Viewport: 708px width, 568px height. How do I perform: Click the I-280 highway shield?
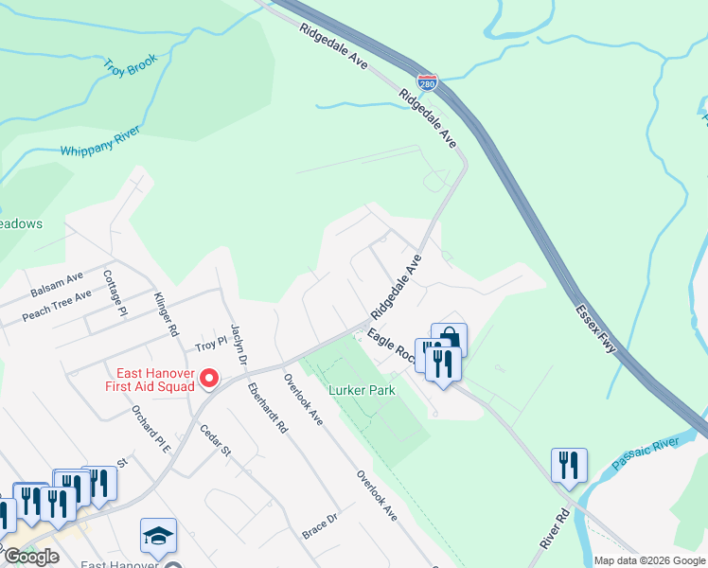(x=428, y=83)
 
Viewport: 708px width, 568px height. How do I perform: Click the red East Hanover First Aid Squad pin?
(x=209, y=380)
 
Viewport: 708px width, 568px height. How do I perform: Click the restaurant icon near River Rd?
(x=568, y=464)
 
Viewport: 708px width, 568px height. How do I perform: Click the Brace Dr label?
(x=320, y=520)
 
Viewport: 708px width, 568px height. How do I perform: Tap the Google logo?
(x=30, y=557)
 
